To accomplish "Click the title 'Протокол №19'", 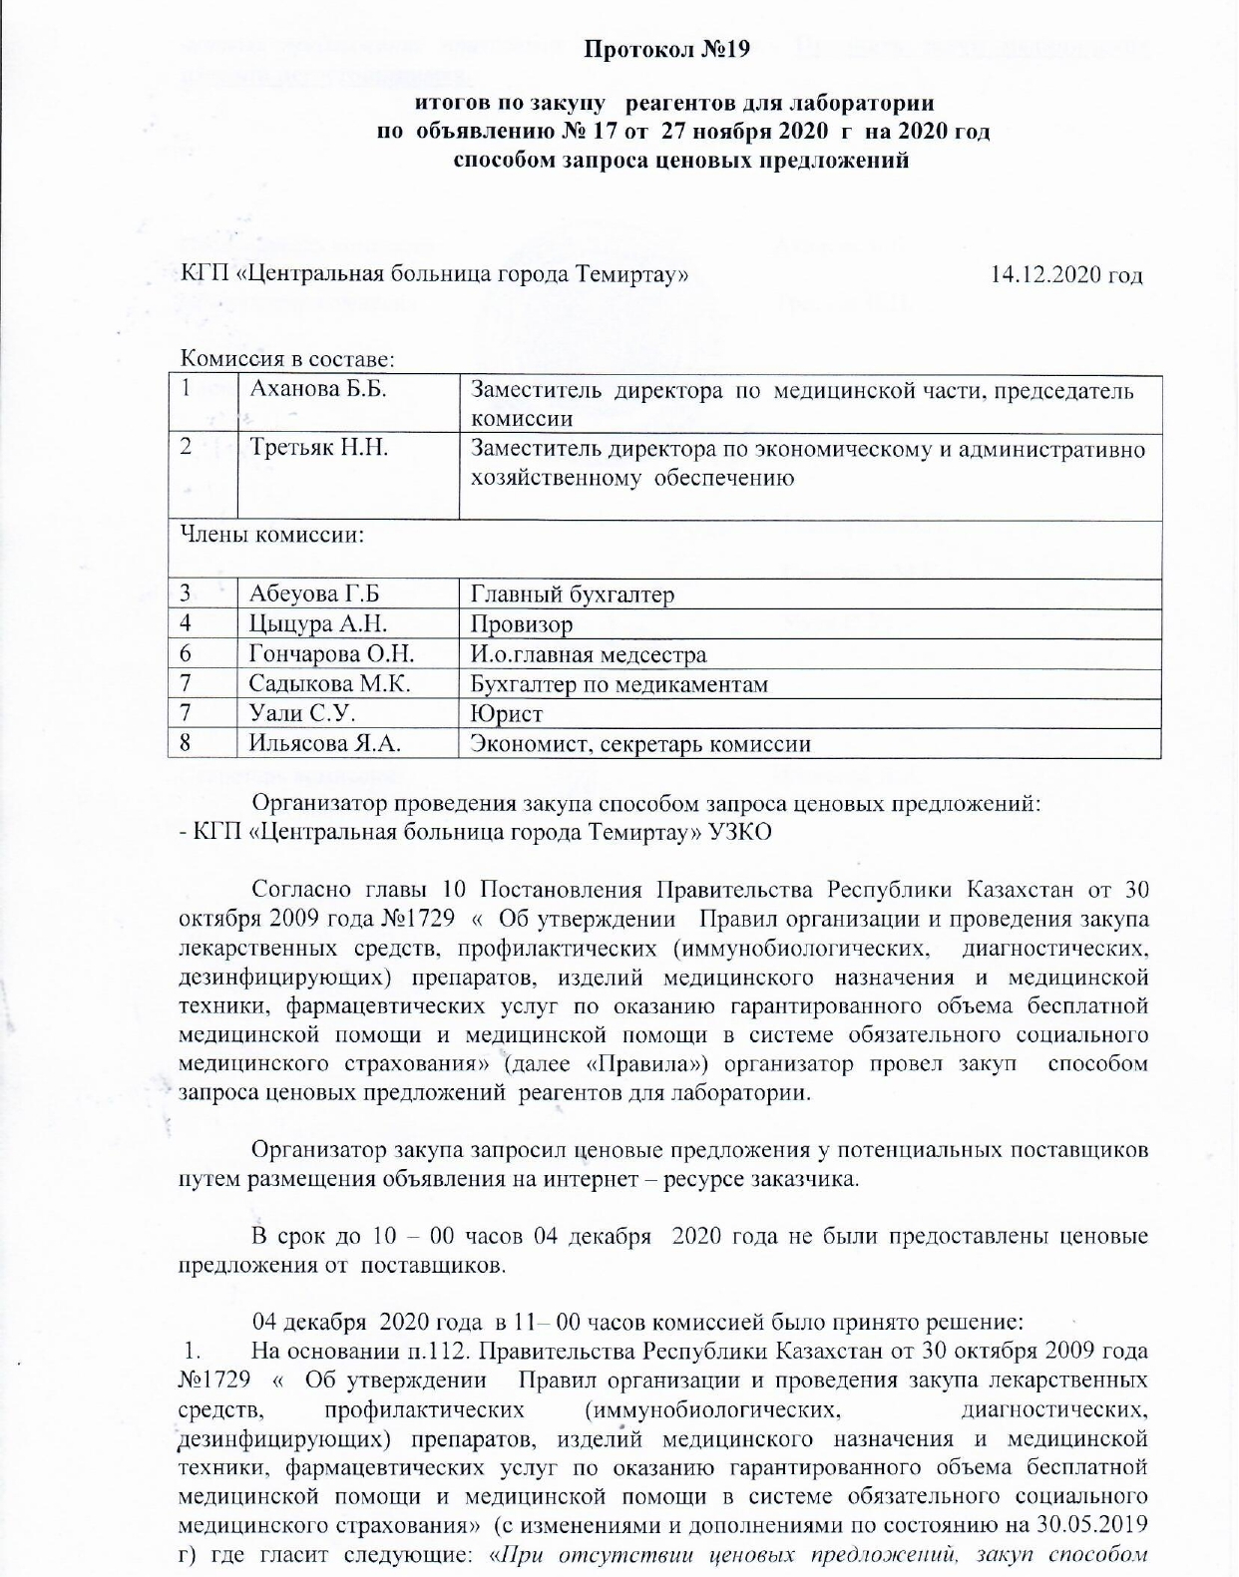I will [665, 50].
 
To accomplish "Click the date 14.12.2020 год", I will [1065, 274].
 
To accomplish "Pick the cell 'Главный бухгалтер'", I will [572, 595].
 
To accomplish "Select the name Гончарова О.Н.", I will [331, 654].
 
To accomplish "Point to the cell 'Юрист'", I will [506, 714].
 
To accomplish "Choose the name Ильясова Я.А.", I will [325, 744].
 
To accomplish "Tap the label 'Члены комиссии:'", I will [270, 535].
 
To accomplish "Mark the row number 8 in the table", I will [186, 743].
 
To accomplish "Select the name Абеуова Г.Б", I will [314, 595].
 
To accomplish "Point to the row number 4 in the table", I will [186, 624].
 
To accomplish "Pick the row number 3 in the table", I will [186, 594].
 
